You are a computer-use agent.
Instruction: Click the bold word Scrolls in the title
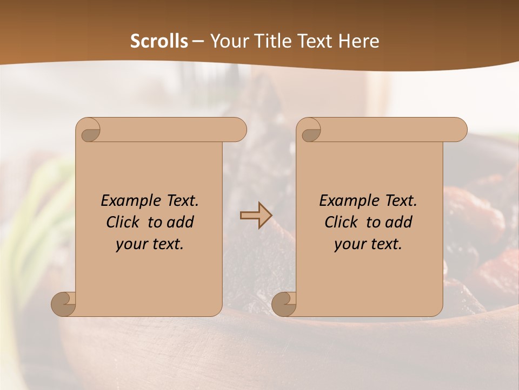point(159,41)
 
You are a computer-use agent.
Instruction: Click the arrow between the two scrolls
point(255,216)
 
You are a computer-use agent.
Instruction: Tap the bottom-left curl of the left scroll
point(63,304)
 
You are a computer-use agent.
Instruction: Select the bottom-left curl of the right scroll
point(284,304)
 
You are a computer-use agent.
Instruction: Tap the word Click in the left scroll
point(123,222)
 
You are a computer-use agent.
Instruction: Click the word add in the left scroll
point(181,222)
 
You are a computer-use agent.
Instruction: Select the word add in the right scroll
point(399,222)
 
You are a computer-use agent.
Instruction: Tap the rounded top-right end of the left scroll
point(238,130)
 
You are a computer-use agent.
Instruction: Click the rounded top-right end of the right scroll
point(458,130)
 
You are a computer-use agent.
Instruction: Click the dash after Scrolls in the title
point(198,41)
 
